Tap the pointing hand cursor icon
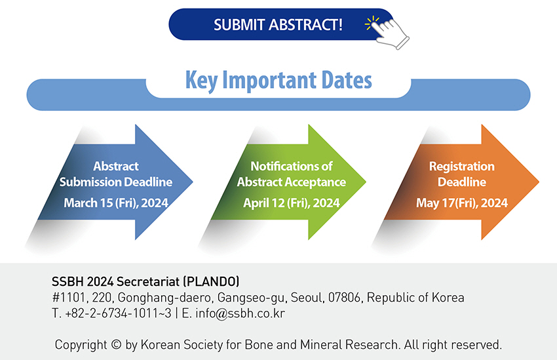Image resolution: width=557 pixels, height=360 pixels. point(391,33)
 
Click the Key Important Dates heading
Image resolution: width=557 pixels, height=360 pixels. point(278,81)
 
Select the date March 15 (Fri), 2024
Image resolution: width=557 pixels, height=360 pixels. point(116,203)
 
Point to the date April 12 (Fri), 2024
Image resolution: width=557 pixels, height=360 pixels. point(292,203)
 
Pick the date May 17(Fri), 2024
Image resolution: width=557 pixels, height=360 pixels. point(462,203)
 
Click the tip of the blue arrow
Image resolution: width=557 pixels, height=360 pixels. point(193,182)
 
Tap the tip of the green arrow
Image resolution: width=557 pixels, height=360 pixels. point(366,182)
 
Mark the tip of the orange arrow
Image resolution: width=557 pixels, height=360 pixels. point(539,182)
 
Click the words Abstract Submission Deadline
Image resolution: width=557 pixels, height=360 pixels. point(116,174)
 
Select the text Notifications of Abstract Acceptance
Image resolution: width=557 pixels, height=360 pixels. point(292,174)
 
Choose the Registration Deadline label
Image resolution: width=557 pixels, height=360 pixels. point(462,174)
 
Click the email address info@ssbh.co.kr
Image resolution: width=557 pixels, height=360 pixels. point(240,313)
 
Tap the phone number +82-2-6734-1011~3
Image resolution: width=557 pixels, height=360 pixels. point(118,313)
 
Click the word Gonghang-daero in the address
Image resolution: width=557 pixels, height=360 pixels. point(165,298)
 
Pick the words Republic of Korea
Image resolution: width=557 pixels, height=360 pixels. point(415,298)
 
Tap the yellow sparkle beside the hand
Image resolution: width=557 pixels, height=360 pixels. point(372,23)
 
